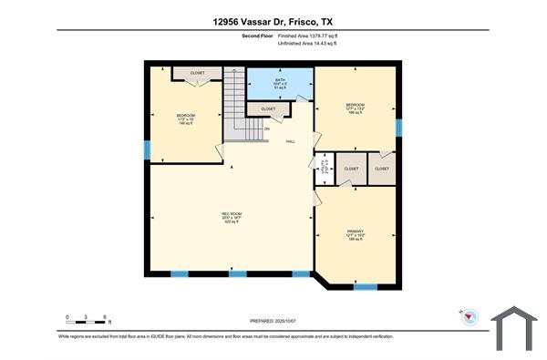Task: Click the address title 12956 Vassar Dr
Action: click(x=273, y=20)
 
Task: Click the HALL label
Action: click(x=291, y=141)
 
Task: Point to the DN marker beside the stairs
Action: click(x=266, y=129)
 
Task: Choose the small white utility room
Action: click(x=324, y=168)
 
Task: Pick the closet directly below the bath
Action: click(x=268, y=108)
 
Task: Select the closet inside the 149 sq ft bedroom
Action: click(x=198, y=73)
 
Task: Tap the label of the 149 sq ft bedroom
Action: click(x=186, y=118)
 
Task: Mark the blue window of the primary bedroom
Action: click(x=365, y=287)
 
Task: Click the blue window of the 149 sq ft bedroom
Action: click(x=146, y=150)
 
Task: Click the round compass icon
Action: click(x=470, y=316)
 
